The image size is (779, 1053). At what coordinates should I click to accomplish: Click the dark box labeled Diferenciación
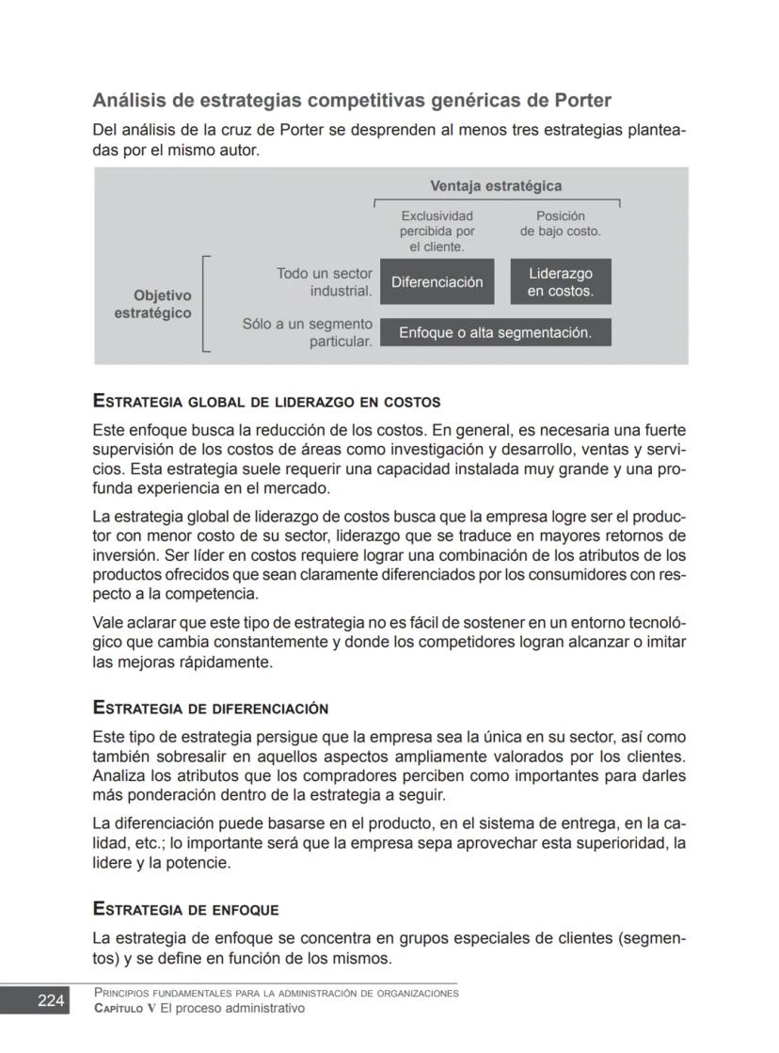click(x=437, y=282)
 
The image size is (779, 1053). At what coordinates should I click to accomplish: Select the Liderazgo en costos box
click(x=561, y=282)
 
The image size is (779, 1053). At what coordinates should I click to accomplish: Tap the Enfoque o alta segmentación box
click(x=495, y=332)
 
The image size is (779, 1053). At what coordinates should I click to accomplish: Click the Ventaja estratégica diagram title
click(x=496, y=186)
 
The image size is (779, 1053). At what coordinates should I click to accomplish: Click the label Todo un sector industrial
click(x=324, y=282)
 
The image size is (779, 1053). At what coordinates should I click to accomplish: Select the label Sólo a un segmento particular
click(x=308, y=332)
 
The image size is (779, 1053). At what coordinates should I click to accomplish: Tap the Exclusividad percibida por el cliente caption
click(x=437, y=231)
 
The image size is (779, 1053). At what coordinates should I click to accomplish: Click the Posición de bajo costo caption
click(x=560, y=223)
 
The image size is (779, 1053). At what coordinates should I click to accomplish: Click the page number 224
click(x=51, y=1000)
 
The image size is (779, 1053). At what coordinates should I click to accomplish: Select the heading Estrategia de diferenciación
click(x=210, y=708)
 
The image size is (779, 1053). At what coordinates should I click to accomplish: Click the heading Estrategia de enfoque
click(x=185, y=909)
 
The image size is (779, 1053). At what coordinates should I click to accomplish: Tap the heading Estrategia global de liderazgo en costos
click(x=266, y=401)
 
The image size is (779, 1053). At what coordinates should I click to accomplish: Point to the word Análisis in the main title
click(x=129, y=100)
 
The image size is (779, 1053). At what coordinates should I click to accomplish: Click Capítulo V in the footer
click(x=128, y=1008)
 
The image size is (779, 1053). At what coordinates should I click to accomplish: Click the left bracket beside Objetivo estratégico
click(x=205, y=303)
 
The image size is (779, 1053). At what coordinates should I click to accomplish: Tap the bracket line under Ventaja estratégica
click(x=496, y=200)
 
